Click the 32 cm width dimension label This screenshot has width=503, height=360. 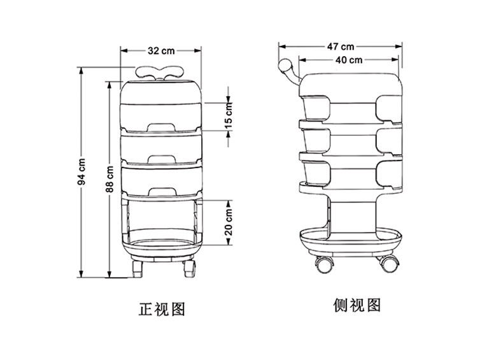click(162, 50)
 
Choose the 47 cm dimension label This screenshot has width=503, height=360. click(341, 47)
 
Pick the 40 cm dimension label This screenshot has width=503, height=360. click(349, 61)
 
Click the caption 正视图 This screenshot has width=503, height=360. click(162, 309)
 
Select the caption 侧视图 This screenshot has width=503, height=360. click(357, 305)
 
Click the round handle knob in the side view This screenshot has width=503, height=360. click(285, 66)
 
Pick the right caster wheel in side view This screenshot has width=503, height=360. click(389, 261)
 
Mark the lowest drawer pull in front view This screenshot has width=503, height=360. click(162, 189)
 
